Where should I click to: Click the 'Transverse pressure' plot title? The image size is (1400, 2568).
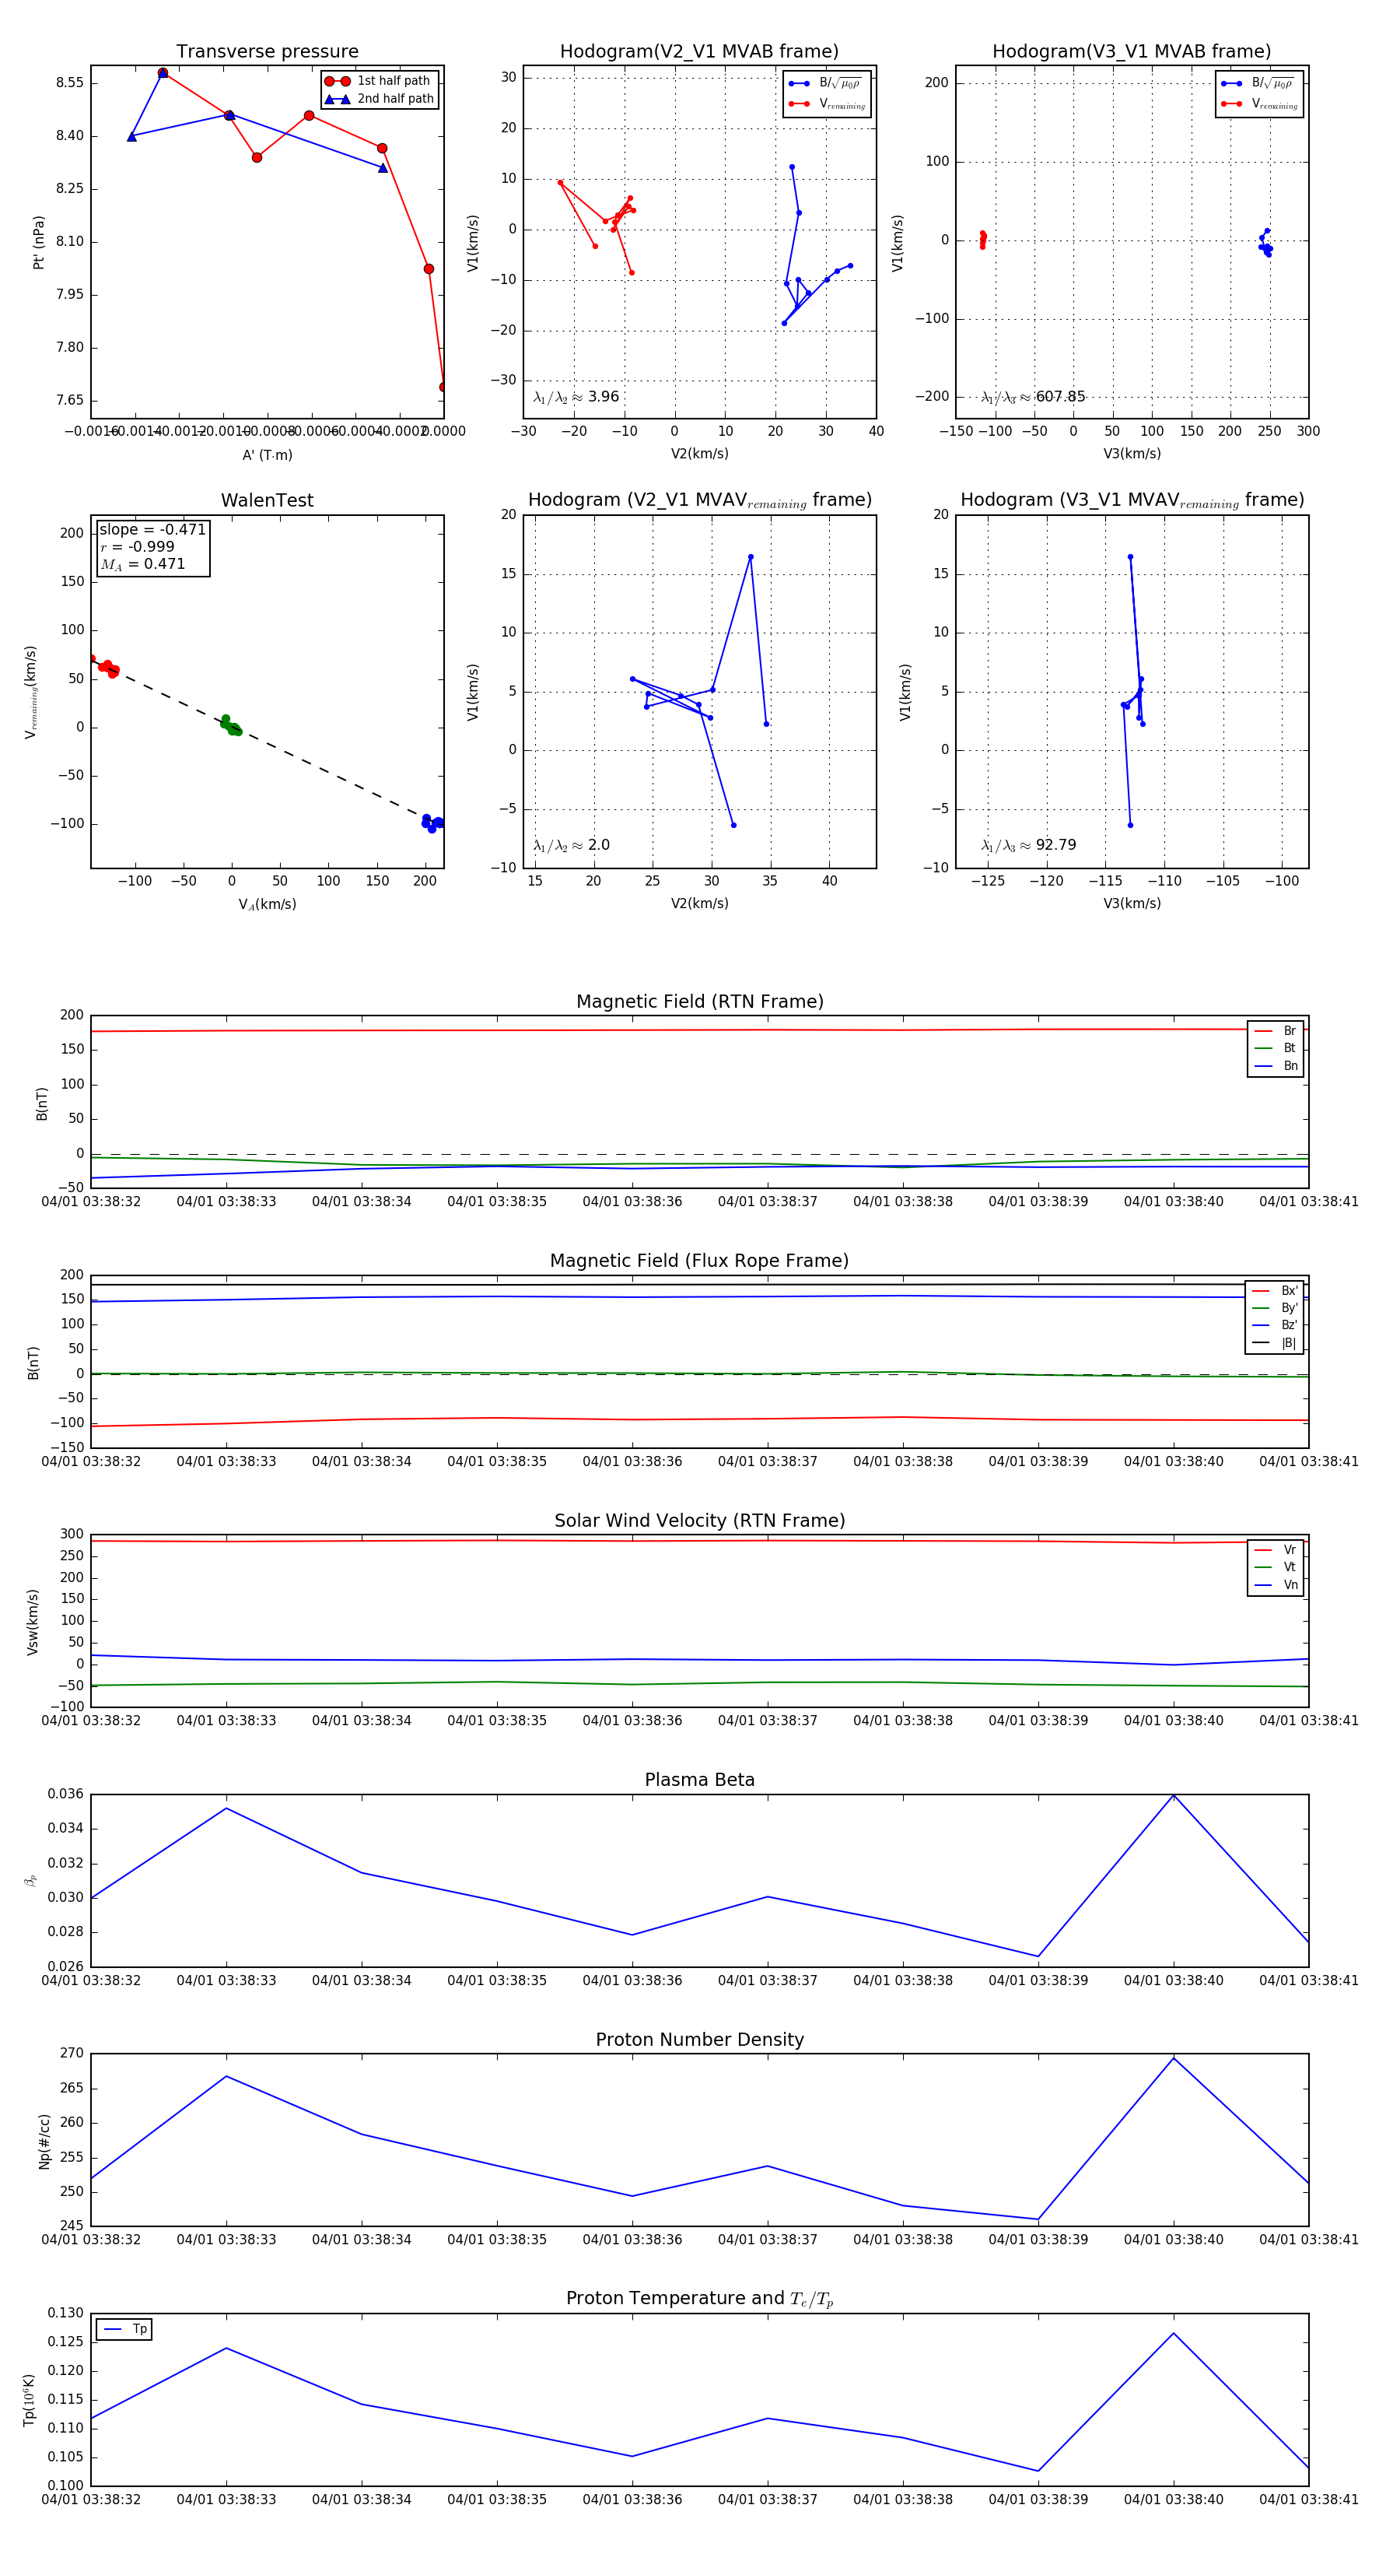click(x=267, y=52)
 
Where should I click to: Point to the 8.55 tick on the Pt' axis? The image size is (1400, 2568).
click(x=70, y=82)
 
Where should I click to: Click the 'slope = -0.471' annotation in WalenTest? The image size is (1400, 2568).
click(x=152, y=529)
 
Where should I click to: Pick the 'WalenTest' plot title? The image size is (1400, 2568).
click(x=267, y=500)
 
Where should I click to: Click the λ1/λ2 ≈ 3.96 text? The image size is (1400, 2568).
click(x=576, y=397)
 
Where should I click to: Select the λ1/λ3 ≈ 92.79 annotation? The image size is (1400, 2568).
click(x=1028, y=845)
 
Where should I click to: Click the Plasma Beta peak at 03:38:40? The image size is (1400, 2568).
click(x=1174, y=1795)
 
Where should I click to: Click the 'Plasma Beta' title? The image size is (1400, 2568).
click(x=699, y=1780)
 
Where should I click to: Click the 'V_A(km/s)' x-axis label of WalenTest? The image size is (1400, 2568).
click(x=267, y=904)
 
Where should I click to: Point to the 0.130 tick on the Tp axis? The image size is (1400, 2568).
click(x=67, y=2313)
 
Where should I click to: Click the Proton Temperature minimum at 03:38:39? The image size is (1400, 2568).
click(x=1038, y=2472)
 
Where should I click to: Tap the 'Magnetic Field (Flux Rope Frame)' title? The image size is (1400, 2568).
click(x=699, y=1261)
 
